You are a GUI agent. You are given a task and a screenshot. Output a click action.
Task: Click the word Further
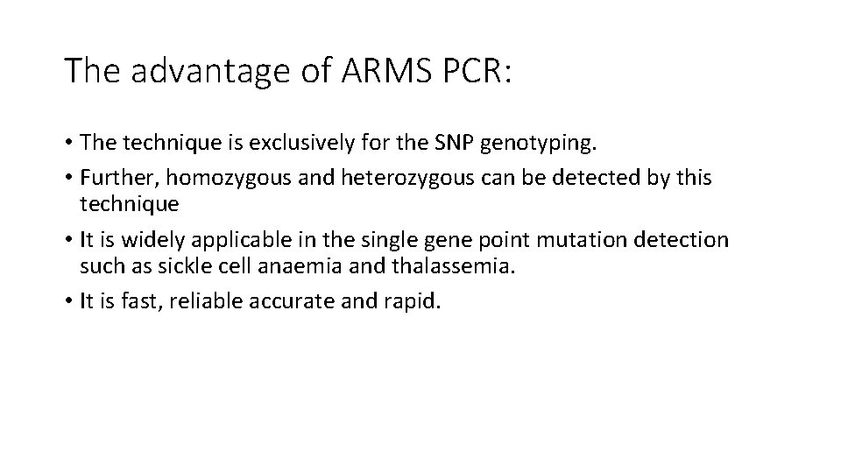point(115,179)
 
